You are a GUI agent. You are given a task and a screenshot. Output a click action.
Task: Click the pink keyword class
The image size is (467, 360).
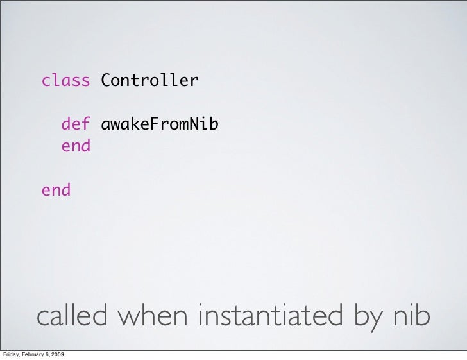[66, 81]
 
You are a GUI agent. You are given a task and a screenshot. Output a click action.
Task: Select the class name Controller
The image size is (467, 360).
[149, 81]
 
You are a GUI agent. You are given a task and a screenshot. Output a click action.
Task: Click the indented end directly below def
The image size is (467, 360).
[76, 146]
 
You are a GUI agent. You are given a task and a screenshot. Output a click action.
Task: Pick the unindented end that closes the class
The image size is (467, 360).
[56, 190]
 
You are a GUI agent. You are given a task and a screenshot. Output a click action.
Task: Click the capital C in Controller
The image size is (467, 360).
[105, 81]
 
